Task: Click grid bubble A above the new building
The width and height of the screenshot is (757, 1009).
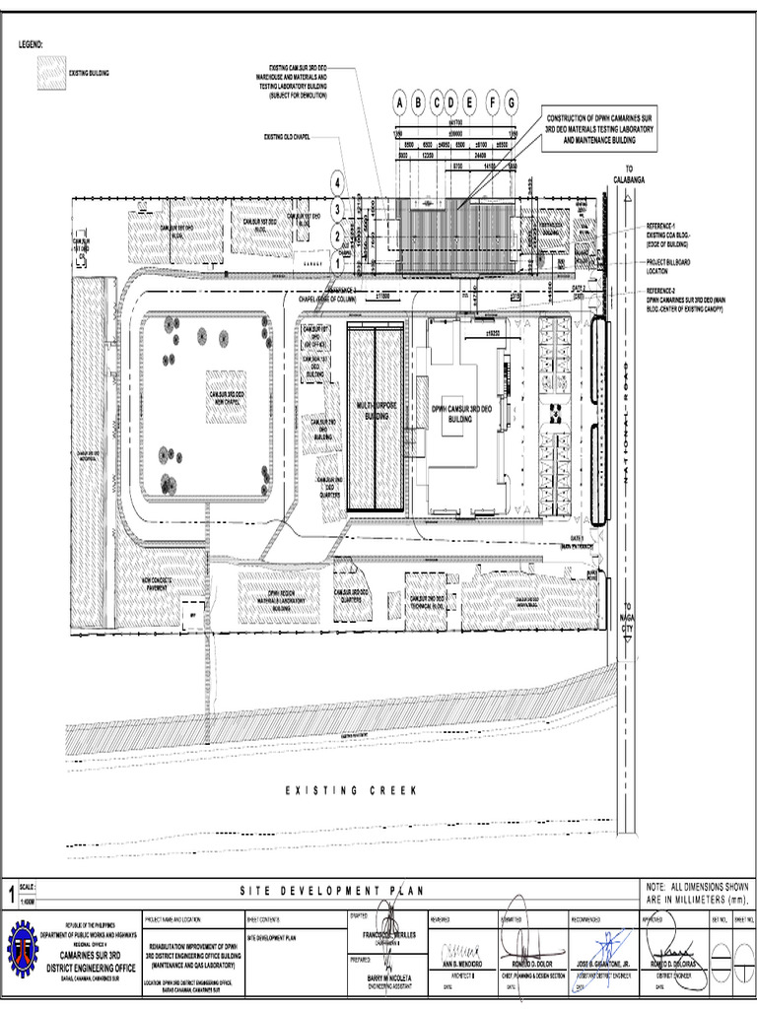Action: [x=399, y=102]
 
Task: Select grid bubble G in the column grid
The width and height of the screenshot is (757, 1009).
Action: [x=511, y=102]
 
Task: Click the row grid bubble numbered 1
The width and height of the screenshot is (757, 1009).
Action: [x=338, y=263]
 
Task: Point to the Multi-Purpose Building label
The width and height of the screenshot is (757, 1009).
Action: [x=375, y=410]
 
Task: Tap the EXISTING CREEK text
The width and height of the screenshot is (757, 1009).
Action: [x=352, y=790]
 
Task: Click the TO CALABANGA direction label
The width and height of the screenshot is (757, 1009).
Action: [x=628, y=175]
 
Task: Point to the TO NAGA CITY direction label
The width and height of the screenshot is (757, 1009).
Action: [x=628, y=623]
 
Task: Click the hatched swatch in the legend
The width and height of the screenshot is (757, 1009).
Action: [x=50, y=73]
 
